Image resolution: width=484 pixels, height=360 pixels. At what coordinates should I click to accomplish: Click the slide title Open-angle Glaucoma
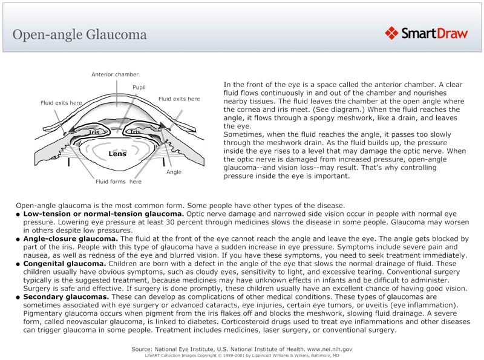(80, 34)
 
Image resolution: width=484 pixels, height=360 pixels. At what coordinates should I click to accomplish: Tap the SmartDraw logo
(427, 33)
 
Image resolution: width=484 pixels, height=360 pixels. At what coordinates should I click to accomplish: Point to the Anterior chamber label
(115, 75)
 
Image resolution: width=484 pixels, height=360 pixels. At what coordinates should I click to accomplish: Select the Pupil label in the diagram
(139, 88)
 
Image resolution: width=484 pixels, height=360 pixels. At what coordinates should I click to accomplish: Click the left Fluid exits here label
(61, 103)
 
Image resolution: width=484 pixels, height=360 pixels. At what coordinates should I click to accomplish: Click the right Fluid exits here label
(179, 99)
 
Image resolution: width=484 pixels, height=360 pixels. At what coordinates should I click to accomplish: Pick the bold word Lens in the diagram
(117, 154)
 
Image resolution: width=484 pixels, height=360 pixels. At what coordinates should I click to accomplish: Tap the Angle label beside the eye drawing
(174, 172)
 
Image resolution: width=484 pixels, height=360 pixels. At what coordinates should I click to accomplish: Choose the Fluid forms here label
(118, 182)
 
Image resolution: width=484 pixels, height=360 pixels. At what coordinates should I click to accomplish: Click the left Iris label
(94, 132)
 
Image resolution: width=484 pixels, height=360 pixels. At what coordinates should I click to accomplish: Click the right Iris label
(135, 132)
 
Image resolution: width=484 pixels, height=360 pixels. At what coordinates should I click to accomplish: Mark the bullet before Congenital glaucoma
(19, 264)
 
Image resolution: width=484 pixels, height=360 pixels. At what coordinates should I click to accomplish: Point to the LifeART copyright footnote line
(241, 356)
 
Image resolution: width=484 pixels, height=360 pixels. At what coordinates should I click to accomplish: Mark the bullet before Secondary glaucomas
(19, 298)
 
